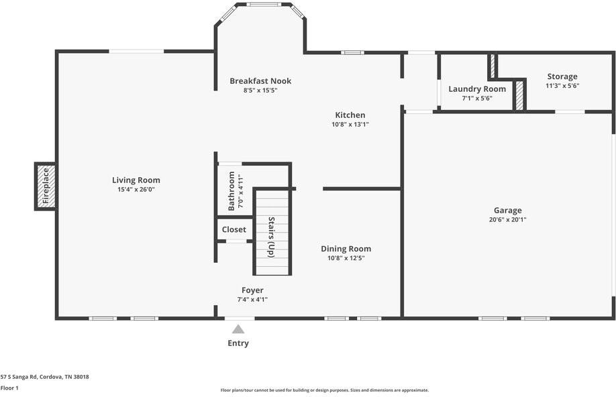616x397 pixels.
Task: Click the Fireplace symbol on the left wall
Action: pyautogui.click(x=45, y=186)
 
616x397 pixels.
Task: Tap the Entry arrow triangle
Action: pyautogui.click(x=238, y=329)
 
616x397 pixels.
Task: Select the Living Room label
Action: pyautogui.click(x=136, y=180)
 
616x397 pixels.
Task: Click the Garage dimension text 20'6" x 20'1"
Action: pyautogui.click(x=507, y=220)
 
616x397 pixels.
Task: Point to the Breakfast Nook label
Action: pyautogui.click(x=260, y=81)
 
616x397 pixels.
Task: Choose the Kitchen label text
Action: pyautogui.click(x=350, y=115)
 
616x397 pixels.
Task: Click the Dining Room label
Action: pyautogui.click(x=346, y=249)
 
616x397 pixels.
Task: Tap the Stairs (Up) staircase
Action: pyautogui.click(x=272, y=233)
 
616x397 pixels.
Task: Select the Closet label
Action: pyautogui.click(x=234, y=229)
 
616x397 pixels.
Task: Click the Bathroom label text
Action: pyautogui.click(x=232, y=191)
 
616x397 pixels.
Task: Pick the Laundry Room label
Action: pyautogui.click(x=476, y=89)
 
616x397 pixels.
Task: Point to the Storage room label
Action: pyautogui.click(x=562, y=76)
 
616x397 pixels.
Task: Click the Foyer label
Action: pyautogui.click(x=252, y=290)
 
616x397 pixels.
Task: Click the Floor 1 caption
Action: pyautogui.click(x=9, y=388)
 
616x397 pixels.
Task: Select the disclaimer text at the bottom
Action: pyautogui.click(x=325, y=390)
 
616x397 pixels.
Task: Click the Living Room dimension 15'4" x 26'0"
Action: pyautogui.click(x=136, y=190)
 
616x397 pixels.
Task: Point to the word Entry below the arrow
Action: pyautogui.click(x=238, y=343)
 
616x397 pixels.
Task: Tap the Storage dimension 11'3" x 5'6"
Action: pyautogui.click(x=562, y=86)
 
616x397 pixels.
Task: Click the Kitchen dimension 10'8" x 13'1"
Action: pyautogui.click(x=350, y=125)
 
